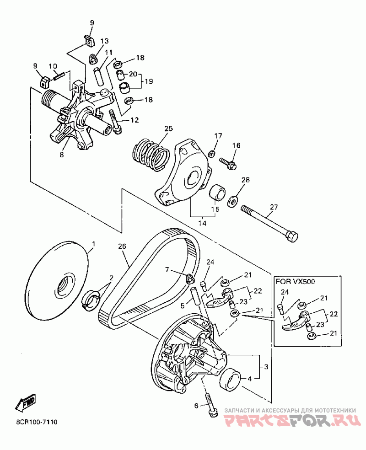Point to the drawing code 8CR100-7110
37,422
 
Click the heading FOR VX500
296,281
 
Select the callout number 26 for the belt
122,246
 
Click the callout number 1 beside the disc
93,244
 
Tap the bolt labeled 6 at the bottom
210,406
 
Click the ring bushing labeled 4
230,380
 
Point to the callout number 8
62,155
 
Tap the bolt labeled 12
115,123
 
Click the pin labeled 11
99,76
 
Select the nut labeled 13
93,59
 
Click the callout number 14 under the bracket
202,223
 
